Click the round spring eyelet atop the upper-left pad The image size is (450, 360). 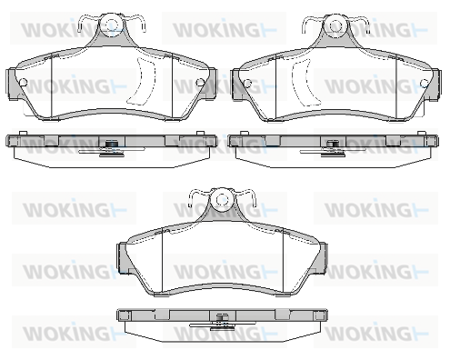pos(111,25)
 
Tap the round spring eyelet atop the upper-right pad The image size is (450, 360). pos(335,25)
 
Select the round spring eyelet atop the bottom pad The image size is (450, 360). pos(222,199)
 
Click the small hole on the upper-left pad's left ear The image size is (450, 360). pos(23,82)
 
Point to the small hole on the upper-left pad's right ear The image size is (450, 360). pos(200,82)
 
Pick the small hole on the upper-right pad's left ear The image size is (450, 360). pos(247,83)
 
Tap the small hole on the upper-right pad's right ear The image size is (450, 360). pos(425,83)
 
